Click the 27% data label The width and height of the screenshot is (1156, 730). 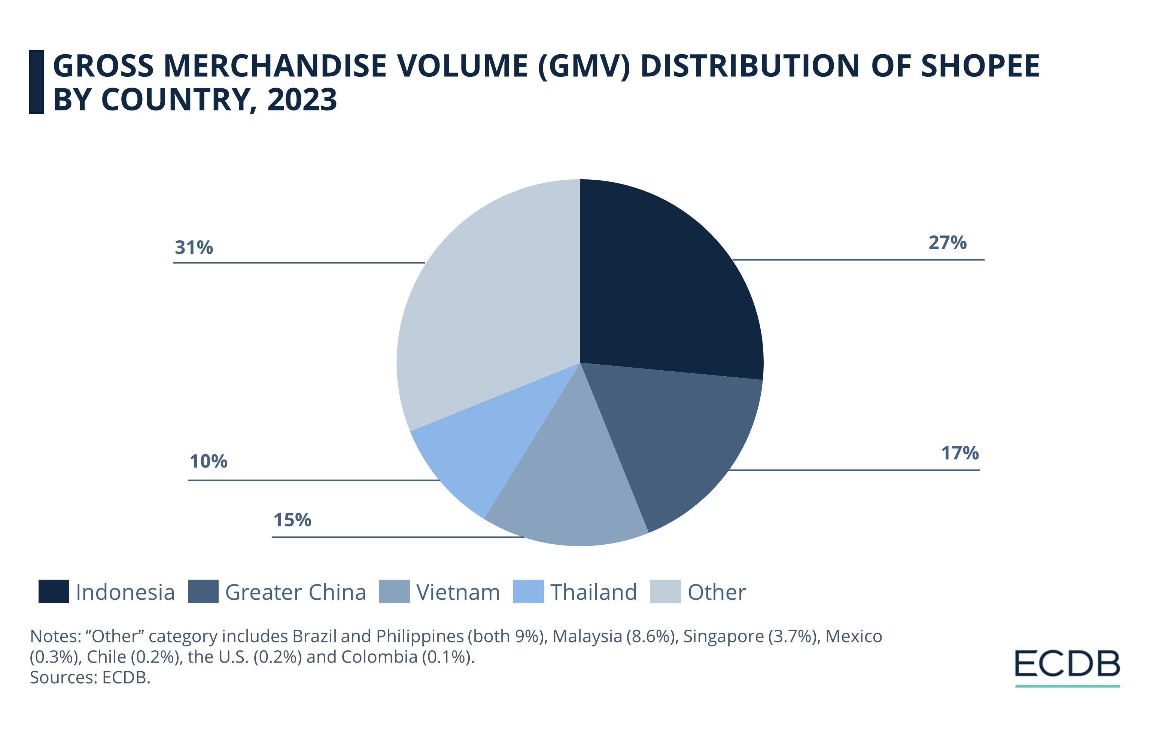tap(947, 243)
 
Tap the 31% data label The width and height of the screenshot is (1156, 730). tap(194, 248)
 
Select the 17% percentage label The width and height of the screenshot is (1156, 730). tap(959, 453)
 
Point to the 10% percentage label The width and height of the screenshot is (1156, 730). tap(209, 461)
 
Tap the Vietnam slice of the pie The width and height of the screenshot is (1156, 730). tap(571, 485)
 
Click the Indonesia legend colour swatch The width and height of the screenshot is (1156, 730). tap(54, 591)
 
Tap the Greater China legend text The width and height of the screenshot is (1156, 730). tap(295, 592)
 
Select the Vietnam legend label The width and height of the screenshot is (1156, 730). tap(458, 592)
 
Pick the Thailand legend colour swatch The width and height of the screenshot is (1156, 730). tap(528, 591)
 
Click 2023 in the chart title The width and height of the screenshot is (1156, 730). tap(302, 100)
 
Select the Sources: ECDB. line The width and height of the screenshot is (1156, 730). tap(90, 677)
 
